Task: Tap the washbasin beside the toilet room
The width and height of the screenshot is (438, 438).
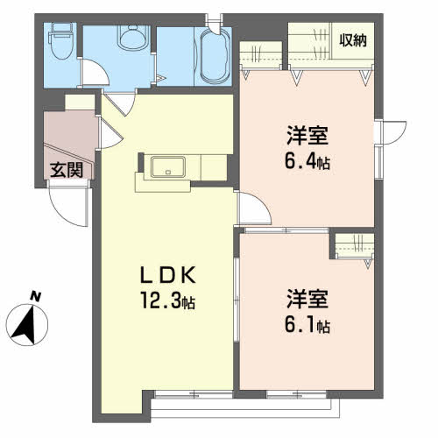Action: pyautogui.click(x=132, y=38)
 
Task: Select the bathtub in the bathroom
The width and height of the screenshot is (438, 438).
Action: pyautogui.click(x=215, y=56)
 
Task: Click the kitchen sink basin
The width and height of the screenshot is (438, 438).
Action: pyautogui.click(x=168, y=166)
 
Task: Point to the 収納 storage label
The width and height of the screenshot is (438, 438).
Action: pyautogui.click(x=353, y=40)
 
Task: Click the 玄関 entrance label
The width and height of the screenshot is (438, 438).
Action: pyautogui.click(x=67, y=170)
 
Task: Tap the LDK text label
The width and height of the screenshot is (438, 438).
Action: pyautogui.click(x=168, y=275)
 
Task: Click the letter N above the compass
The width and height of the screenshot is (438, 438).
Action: pyautogui.click(x=36, y=296)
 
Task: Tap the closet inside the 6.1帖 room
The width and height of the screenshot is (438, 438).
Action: pyautogui.click(x=354, y=246)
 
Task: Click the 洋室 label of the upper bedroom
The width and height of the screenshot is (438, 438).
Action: pyautogui.click(x=307, y=135)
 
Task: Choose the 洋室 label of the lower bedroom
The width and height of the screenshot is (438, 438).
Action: pyautogui.click(x=307, y=299)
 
